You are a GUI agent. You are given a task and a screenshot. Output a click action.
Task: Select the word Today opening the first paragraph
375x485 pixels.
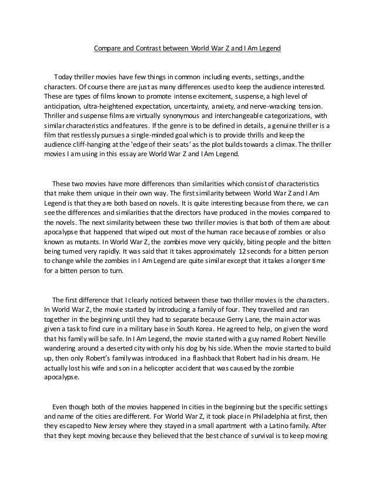tap(63, 77)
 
